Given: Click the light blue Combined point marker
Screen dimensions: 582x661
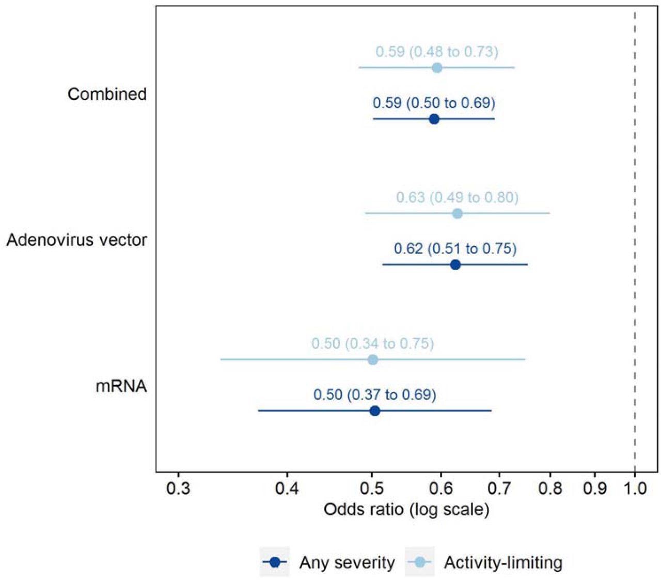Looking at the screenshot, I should pyautogui.click(x=437, y=68).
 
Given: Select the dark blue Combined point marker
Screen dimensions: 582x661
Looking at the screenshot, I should pyautogui.click(x=434, y=119).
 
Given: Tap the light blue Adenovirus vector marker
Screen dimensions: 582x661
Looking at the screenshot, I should pyautogui.click(x=457, y=213).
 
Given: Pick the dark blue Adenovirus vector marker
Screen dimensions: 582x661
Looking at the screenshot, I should pyautogui.click(x=455, y=264).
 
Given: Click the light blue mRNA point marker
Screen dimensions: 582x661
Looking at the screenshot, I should pyautogui.click(x=373, y=359).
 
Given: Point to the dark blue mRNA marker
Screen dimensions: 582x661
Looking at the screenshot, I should pyautogui.click(x=375, y=411).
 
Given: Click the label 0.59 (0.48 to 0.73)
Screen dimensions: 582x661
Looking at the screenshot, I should pyautogui.click(x=437, y=52).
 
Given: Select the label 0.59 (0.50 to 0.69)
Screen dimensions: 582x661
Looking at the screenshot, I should pyautogui.click(x=434, y=103).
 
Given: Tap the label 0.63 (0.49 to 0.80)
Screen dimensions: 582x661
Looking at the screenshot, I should pyautogui.click(x=457, y=197).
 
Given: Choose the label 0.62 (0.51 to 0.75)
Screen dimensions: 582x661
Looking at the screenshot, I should pyautogui.click(x=455, y=248).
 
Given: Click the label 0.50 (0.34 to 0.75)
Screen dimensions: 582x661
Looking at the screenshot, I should pyautogui.click(x=372, y=343).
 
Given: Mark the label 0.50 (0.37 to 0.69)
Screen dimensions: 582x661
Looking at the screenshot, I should pyautogui.click(x=374, y=395).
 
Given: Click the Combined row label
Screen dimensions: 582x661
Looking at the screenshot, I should pyautogui.click(x=107, y=95).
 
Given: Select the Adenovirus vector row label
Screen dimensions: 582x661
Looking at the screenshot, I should pyautogui.click(x=76, y=240).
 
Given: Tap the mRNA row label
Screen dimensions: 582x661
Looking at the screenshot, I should pyautogui.click(x=121, y=386).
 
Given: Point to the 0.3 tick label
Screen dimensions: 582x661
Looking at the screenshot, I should pyautogui.click(x=178, y=488).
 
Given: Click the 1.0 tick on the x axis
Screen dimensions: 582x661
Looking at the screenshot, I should pyautogui.click(x=635, y=488).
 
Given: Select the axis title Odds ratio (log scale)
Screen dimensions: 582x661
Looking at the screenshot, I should pyautogui.click(x=406, y=510).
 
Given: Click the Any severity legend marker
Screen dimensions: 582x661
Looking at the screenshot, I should pyautogui.click(x=275, y=562).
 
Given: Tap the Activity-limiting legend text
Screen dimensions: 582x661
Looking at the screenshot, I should pyautogui.click(x=502, y=562).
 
